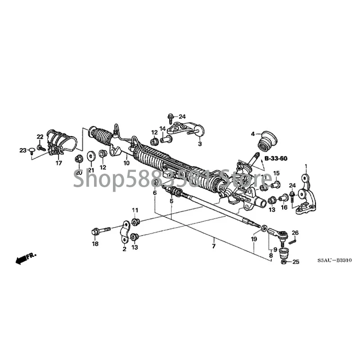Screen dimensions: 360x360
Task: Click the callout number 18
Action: (94, 243)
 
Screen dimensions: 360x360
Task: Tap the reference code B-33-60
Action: (275, 158)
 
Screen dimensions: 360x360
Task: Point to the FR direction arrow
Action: (24, 258)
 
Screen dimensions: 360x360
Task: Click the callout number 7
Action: (214, 246)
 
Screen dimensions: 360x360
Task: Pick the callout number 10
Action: (126, 162)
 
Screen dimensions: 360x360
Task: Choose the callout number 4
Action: (253, 133)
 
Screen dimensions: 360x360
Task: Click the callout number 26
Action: (295, 233)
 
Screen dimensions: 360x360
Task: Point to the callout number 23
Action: (22, 150)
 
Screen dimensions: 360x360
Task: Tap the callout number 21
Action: (90, 170)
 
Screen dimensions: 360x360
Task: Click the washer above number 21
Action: (90, 155)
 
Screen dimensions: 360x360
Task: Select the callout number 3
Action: (200, 144)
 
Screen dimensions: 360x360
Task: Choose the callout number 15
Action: (276, 173)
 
